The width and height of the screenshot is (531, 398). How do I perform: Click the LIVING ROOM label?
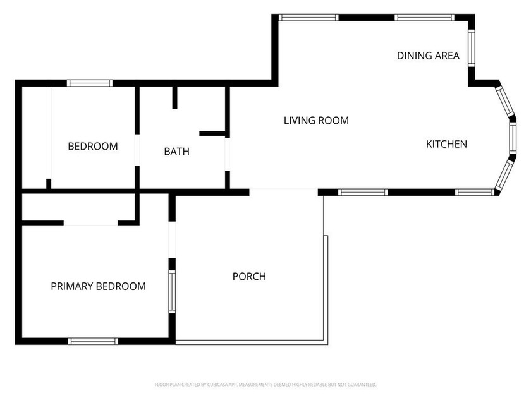316,121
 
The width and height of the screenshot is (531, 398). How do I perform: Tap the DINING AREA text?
428,56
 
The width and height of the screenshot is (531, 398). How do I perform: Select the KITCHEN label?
446,144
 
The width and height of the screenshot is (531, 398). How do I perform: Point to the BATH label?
176,151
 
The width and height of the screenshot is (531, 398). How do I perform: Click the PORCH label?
249,277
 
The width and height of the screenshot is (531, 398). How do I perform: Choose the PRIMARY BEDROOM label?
98,286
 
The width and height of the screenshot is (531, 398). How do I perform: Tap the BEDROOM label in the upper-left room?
93,146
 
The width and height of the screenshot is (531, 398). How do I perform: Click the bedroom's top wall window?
90,83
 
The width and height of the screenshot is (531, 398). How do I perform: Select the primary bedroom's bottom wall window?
93,341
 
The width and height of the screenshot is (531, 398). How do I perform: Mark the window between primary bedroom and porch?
172,291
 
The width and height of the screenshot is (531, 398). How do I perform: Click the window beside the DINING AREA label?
472,48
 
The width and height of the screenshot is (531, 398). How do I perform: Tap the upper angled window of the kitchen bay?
505,101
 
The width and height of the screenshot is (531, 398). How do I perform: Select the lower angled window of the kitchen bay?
504,174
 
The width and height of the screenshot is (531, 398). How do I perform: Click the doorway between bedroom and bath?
137,150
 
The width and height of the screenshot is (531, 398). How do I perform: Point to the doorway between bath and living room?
228,154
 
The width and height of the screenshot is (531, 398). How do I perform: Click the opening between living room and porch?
284,191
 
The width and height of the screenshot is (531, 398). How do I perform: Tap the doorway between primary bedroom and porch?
172,239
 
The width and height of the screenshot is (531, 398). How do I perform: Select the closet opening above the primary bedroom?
91,223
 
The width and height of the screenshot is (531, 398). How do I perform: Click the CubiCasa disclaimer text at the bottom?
265,385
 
